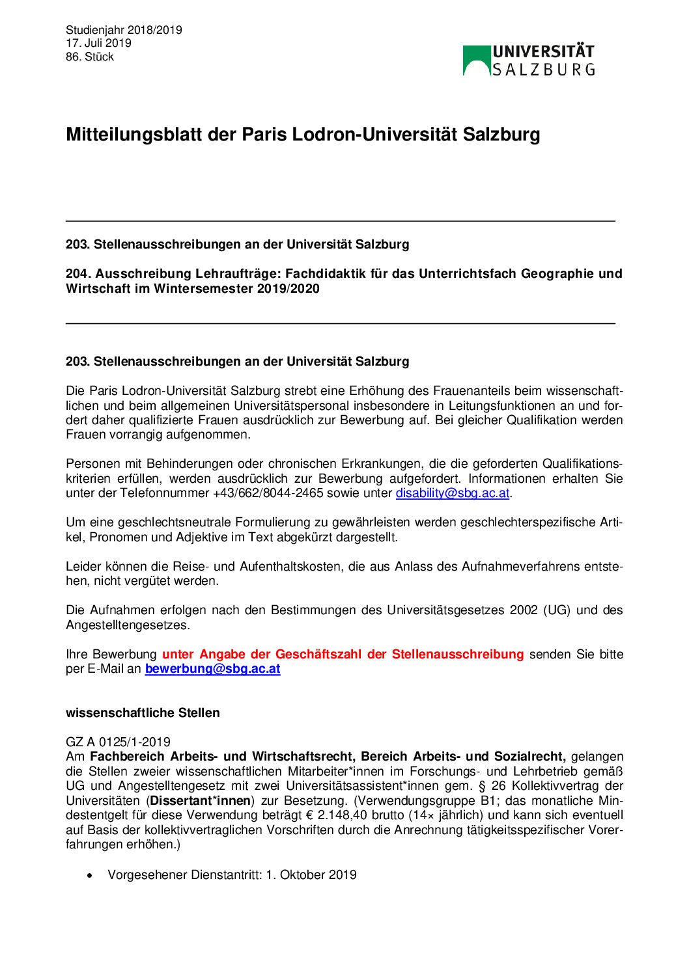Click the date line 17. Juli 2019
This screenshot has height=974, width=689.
click(x=98, y=43)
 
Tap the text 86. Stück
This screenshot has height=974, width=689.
click(x=90, y=57)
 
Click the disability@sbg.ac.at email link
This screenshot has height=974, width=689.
click(x=452, y=493)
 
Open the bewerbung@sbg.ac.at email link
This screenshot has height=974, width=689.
click(x=212, y=669)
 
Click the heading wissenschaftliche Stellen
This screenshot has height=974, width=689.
click(x=143, y=713)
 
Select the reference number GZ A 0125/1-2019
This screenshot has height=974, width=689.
click(x=118, y=742)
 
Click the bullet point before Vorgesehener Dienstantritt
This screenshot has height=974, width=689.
click(x=90, y=876)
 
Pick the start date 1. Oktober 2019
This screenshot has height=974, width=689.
click(x=311, y=875)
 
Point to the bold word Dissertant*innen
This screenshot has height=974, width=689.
click(x=201, y=801)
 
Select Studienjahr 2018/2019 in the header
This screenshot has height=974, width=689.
click(x=124, y=30)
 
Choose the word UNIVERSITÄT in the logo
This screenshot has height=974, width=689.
click(x=543, y=52)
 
